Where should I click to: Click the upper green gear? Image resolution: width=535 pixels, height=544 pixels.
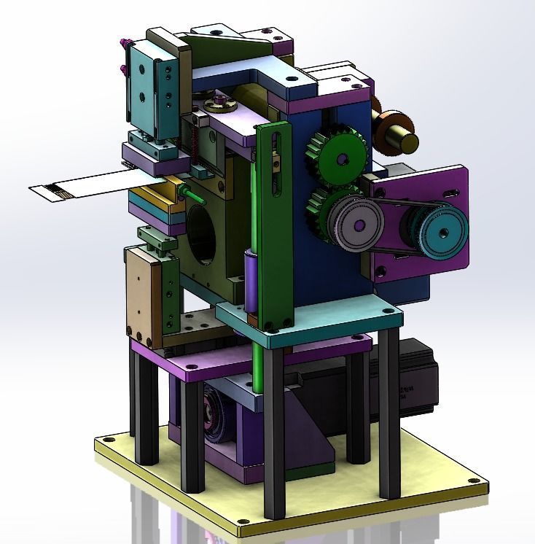(x=339, y=152)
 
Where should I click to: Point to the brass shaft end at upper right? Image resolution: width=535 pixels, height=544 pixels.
(x=405, y=141)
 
